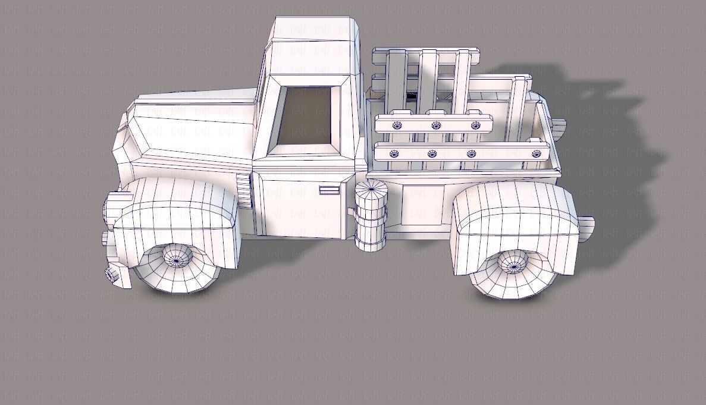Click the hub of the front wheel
(x=177, y=258)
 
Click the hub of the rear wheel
(x=512, y=262)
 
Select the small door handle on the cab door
(x=328, y=190)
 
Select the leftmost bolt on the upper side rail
(x=397, y=125)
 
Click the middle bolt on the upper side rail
(x=436, y=125)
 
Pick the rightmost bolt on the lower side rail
(x=536, y=154)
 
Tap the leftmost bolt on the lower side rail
(x=393, y=154)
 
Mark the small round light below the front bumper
(x=111, y=274)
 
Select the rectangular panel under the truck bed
(x=423, y=205)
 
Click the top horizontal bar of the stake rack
(x=426, y=56)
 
